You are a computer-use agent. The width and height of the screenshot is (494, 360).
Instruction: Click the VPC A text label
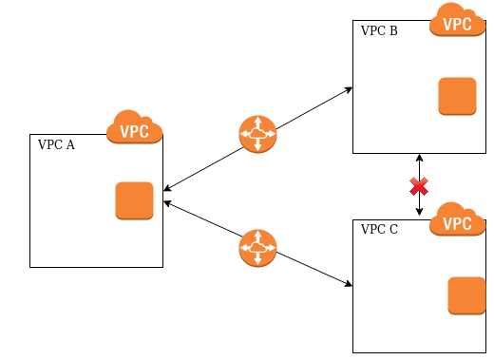[56, 145]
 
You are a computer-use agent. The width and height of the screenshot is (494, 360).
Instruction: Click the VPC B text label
[379, 31]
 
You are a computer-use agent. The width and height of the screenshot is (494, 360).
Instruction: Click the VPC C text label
[379, 230]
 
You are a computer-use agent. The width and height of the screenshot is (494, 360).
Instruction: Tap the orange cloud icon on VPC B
[457, 21]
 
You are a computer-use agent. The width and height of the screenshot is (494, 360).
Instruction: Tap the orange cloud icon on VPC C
[457, 219]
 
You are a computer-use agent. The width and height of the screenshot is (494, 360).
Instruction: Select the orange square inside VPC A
[134, 200]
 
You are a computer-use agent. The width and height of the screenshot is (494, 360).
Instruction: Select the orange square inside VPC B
[457, 96]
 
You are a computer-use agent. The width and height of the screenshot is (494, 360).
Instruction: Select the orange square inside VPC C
[466, 295]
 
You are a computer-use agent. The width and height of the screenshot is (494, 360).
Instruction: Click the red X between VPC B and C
[419, 185]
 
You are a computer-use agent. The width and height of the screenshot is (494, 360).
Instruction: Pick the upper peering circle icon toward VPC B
[257, 135]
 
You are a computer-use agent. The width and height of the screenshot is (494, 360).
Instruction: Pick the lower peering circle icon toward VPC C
[257, 248]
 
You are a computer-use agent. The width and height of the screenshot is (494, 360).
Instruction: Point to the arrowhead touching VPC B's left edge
[349, 90]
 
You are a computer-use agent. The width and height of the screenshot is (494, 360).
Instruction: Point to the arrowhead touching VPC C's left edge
[349, 283]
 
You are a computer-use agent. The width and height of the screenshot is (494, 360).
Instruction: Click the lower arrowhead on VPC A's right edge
[168, 202]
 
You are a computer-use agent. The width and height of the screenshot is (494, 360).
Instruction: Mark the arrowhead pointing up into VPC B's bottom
[419, 158]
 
